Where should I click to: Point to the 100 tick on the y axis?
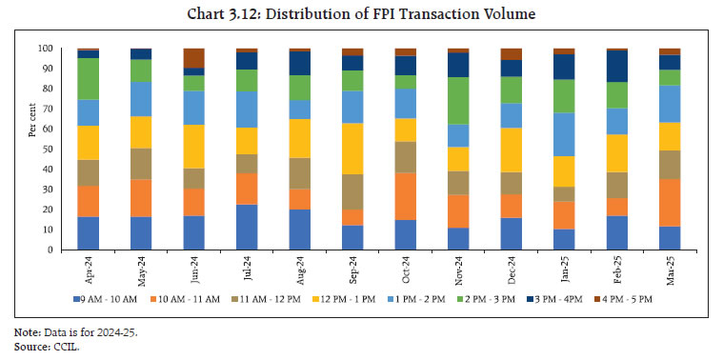[x=45, y=49]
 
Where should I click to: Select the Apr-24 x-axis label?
[x=89, y=271]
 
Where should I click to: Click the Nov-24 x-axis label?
[x=458, y=271]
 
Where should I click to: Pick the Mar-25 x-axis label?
[x=670, y=271]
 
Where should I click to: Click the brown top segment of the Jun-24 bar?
[x=194, y=58]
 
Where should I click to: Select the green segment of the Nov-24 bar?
[x=458, y=101]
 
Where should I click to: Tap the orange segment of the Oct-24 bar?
[x=406, y=196]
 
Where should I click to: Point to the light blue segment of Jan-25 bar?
[x=564, y=134]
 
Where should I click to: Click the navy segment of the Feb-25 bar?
[x=617, y=66]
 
